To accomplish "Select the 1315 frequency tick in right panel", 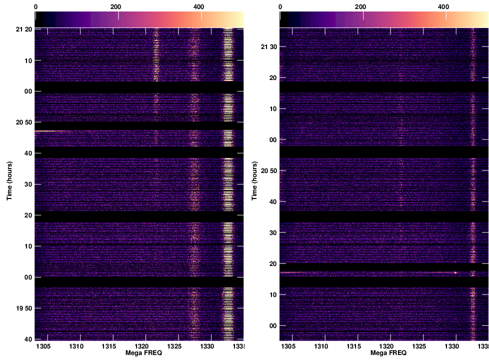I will pyautogui.click(x=354, y=346).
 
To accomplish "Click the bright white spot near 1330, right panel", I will pyautogui.click(x=455, y=272).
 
